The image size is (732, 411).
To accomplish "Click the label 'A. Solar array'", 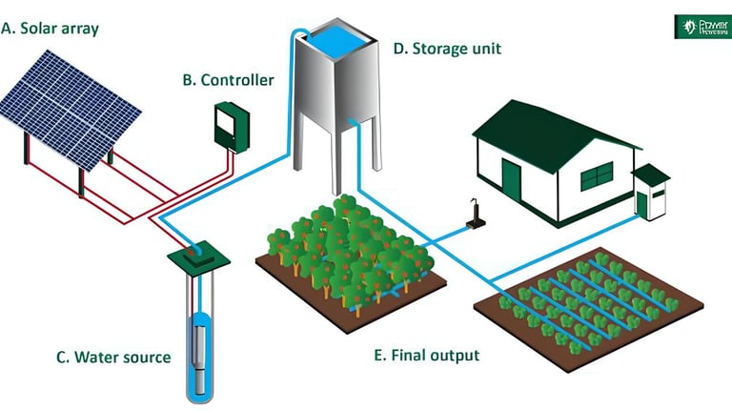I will click(x=50, y=28).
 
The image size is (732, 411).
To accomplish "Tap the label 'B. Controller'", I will click(x=228, y=80).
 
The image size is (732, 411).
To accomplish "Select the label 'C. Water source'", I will click(x=113, y=358).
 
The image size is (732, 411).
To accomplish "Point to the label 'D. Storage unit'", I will click(x=447, y=47).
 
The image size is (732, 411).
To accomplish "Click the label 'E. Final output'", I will click(x=427, y=356).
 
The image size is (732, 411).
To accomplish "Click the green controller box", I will click(x=231, y=125).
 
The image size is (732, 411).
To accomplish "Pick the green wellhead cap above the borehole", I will click(x=196, y=257).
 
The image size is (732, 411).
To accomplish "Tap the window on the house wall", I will click(x=596, y=175).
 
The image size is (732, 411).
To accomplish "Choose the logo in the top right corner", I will click(x=701, y=25).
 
